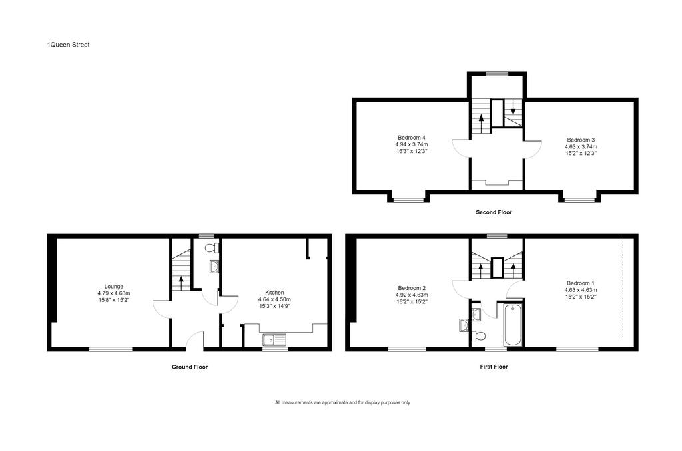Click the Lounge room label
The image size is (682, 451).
(113, 286)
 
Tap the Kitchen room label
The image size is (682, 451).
(274, 293)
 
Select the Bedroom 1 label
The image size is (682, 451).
(581, 283)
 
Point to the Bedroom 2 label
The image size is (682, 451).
(412, 288)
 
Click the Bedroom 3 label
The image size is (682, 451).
(581, 140)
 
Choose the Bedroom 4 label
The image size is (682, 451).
(412, 138)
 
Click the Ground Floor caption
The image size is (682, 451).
(190, 367)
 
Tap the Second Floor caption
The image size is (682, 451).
(494, 212)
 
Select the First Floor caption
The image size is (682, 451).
(494, 367)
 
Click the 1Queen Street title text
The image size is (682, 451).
(69, 45)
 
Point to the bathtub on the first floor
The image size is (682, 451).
(513, 325)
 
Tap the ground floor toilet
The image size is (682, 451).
(212, 249)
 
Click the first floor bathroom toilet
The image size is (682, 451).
(479, 336)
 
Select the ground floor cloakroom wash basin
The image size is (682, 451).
(214, 266)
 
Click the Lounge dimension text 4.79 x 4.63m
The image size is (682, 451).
(113, 293)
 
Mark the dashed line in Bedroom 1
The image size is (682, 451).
(623, 287)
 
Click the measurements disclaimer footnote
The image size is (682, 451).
(342, 402)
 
